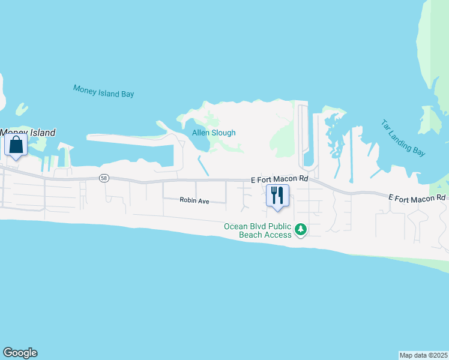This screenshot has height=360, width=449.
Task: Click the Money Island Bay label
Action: pos(103,91)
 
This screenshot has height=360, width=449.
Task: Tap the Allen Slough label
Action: pos(214,133)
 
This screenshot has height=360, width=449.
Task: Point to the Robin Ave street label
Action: pos(194,201)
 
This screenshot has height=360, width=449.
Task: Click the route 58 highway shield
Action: pos(104,178)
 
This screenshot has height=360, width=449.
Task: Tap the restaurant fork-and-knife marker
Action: pos(277,196)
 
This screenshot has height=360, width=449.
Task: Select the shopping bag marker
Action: pos(16,145)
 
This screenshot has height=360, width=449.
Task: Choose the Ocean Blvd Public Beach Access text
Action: pos(258,230)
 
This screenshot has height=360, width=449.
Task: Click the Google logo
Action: pos(20,353)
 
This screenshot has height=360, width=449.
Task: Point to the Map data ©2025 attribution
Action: pos(424,355)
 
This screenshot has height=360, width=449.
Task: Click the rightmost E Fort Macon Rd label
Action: pos(417,197)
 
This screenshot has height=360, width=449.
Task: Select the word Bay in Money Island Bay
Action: pos(126,94)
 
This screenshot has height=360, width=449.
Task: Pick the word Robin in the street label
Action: pos(188,201)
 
